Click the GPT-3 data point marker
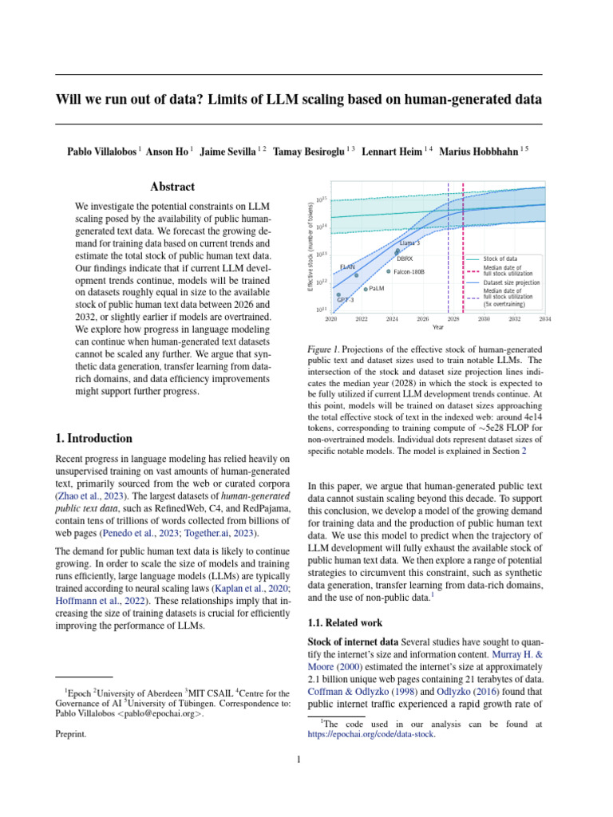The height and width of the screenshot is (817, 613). (x=338, y=294)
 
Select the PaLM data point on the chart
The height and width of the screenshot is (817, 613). (x=366, y=289)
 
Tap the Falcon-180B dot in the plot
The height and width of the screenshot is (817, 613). (x=389, y=271)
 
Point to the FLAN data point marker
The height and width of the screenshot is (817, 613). (x=357, y=275)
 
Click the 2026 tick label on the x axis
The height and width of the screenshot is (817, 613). (x=422, y=318)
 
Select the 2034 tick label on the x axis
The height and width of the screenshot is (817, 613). (x=544, y=318)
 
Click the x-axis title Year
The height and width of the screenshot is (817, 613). (x=438, y=327)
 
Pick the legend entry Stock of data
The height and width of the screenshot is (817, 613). (x=504, y=259)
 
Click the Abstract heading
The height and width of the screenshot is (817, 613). (x=172, y=187)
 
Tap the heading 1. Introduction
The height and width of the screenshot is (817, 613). (x=93, y=438)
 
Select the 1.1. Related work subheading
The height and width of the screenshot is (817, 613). (x=345, y=622)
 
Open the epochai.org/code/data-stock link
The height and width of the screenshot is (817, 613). (x=371, y=735)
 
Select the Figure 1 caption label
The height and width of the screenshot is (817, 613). (x=324, y=349)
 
